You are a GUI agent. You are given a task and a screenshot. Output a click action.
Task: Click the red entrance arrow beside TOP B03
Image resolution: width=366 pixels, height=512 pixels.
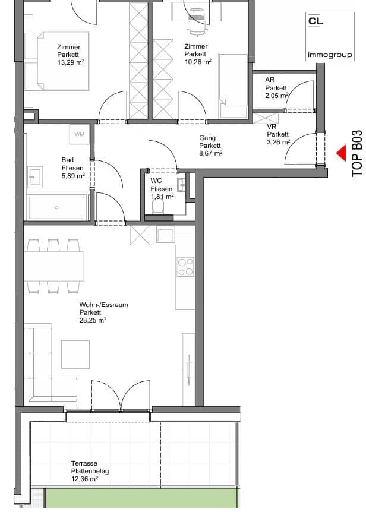tap(342, 153)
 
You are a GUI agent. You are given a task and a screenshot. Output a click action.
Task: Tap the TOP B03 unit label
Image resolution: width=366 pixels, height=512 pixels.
tap(357, 154)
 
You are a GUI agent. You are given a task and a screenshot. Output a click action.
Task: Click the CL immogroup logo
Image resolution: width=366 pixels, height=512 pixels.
tap(330, 36)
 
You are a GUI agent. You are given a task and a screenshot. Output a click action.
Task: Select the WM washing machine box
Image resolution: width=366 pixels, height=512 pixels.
tap(80, 134)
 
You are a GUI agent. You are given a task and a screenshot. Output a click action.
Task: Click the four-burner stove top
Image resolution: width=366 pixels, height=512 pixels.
tap(185, 267)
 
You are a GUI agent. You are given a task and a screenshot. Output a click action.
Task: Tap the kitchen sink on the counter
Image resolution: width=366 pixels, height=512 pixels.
tap(166, 235)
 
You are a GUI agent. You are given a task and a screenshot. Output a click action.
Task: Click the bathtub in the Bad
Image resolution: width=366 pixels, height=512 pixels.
tap(58, 208)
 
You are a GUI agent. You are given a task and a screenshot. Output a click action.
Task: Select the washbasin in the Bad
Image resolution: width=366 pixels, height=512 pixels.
tap(35, 178)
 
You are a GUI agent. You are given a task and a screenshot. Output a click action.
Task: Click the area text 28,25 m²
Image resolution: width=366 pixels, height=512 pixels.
tap(93, 320)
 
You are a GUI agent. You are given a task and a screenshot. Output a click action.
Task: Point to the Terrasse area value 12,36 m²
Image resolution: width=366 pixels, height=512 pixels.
tap(85, 479)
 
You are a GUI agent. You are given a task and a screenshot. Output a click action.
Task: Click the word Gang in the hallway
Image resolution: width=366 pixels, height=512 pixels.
tap(207, 138)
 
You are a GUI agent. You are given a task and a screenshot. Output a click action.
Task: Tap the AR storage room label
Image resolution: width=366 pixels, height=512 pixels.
tap(270, 80)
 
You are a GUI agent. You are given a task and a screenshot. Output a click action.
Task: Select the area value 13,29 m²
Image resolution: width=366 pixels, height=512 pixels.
tap(71, 62)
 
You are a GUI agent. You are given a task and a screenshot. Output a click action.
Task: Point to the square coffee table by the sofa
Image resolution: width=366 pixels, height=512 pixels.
tap(75, 354)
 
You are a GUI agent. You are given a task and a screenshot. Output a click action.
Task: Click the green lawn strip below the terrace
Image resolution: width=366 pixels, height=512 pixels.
tap(140, 498)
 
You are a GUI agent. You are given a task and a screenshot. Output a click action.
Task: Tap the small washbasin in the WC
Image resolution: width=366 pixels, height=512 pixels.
tap(182, 185)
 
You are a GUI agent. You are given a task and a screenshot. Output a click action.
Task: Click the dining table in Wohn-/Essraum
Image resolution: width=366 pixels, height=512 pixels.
tap(53, 266)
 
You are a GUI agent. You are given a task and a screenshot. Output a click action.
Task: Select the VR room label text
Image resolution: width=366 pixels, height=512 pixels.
tap(272, 127)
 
